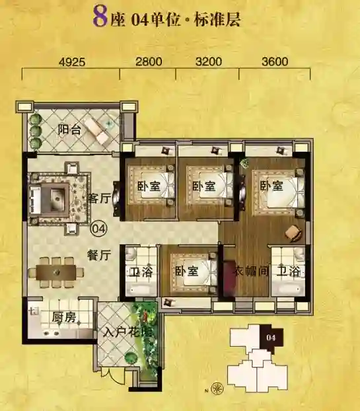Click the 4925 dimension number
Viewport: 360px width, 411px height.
pos(72,62)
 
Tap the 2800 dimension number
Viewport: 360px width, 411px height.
pos(149,61)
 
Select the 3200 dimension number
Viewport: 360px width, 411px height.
pos(209,61)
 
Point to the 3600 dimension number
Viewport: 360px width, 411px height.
pos(275,61)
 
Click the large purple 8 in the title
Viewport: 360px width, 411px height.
pos(100,17)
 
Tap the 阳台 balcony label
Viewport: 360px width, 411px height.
pos(69,130)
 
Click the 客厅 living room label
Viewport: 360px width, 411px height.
pos(99,198)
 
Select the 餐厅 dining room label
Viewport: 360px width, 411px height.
pos(99,255)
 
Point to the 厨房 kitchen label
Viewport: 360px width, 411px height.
pos(63,317)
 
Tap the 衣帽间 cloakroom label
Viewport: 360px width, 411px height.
pos(251,271)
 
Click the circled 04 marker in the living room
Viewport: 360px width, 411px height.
pos(99,229)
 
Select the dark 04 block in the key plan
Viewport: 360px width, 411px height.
pos(271,338)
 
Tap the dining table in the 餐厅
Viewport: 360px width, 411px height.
pos(56,273)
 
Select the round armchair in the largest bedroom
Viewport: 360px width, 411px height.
pos(293,232)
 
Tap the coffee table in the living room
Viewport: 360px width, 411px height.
pos(55,199)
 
